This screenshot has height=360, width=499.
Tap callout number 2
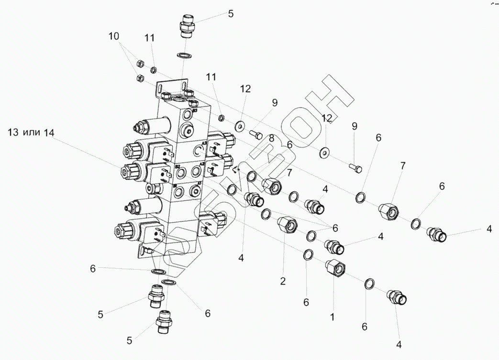click(x=283, y=281)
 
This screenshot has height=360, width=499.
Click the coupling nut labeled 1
click(x=335, y=267)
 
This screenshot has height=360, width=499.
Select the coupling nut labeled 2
click(x=287, y=223)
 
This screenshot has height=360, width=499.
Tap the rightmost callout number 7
click(x=402, y=165)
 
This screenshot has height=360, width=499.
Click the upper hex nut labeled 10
click(x=140, y=63)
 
